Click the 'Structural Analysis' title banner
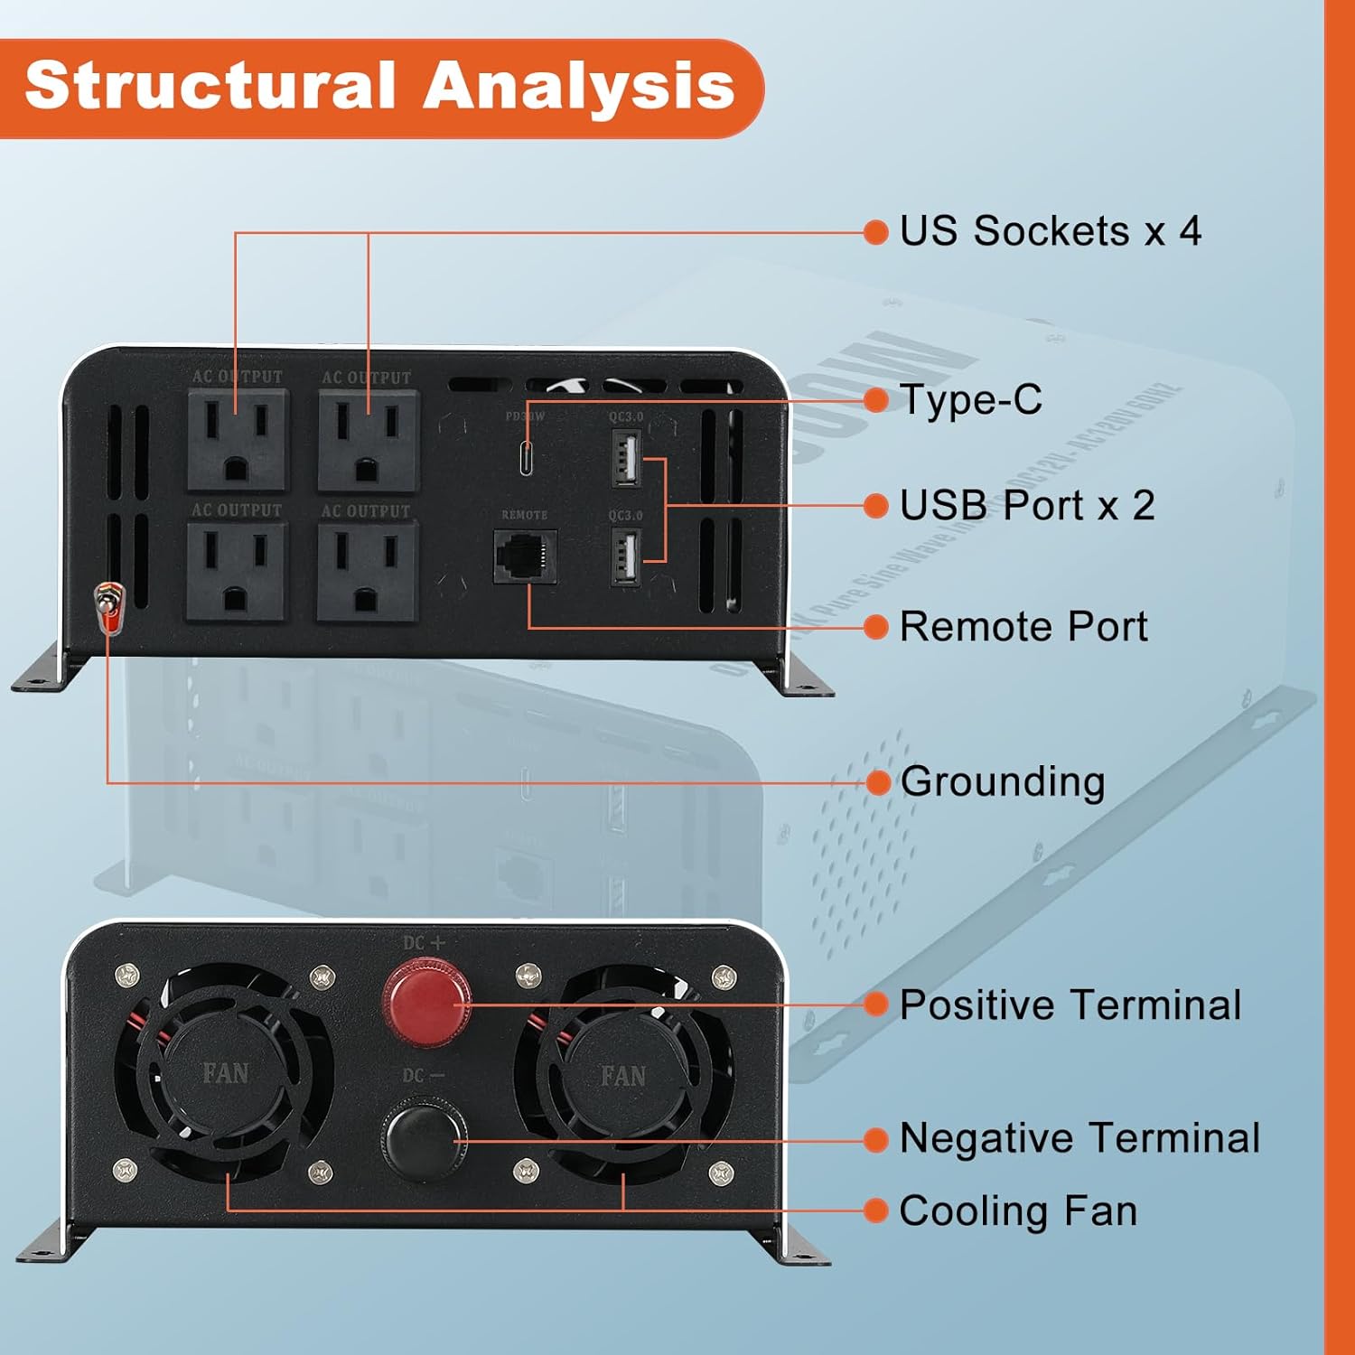pyautogui.click(x=379, y=88)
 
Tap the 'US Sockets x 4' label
pyautogui.click(x=1050, y=231)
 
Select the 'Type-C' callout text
pyautogui.click(x=971, y=399)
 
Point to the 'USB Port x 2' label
pyautogui.click(x=1027, y=505)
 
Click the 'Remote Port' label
pyautogui.click(x=1023, y=626)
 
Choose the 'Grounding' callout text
pyautogui.click(x=1002, y=781)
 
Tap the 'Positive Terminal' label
pyautogui.click(x=1070, y=1005)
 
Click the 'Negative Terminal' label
pyautogui.click(x=1079, y=1138)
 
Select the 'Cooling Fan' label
pyautogui.click(x=1018, y=1210)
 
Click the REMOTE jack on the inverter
pyautogui.click(x=524, y=556)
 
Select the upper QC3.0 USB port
pyautogui.click(x=626, y=457)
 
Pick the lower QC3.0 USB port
pyautogui.click(x=626, y=556)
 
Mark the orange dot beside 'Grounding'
pyautogui.click(x=877, y=782)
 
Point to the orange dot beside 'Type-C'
pyautogui.click(x=876, y=400)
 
